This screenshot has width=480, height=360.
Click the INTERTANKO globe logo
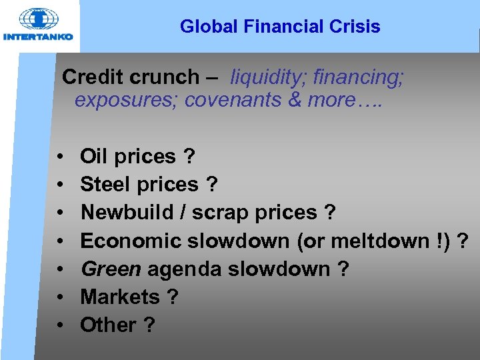pyautogui.click(x=38, y=20)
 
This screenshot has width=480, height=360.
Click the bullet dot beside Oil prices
pyautogui.click(x=61, y=157)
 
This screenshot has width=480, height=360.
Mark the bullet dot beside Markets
pyautogui.click(x=61, y=297)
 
